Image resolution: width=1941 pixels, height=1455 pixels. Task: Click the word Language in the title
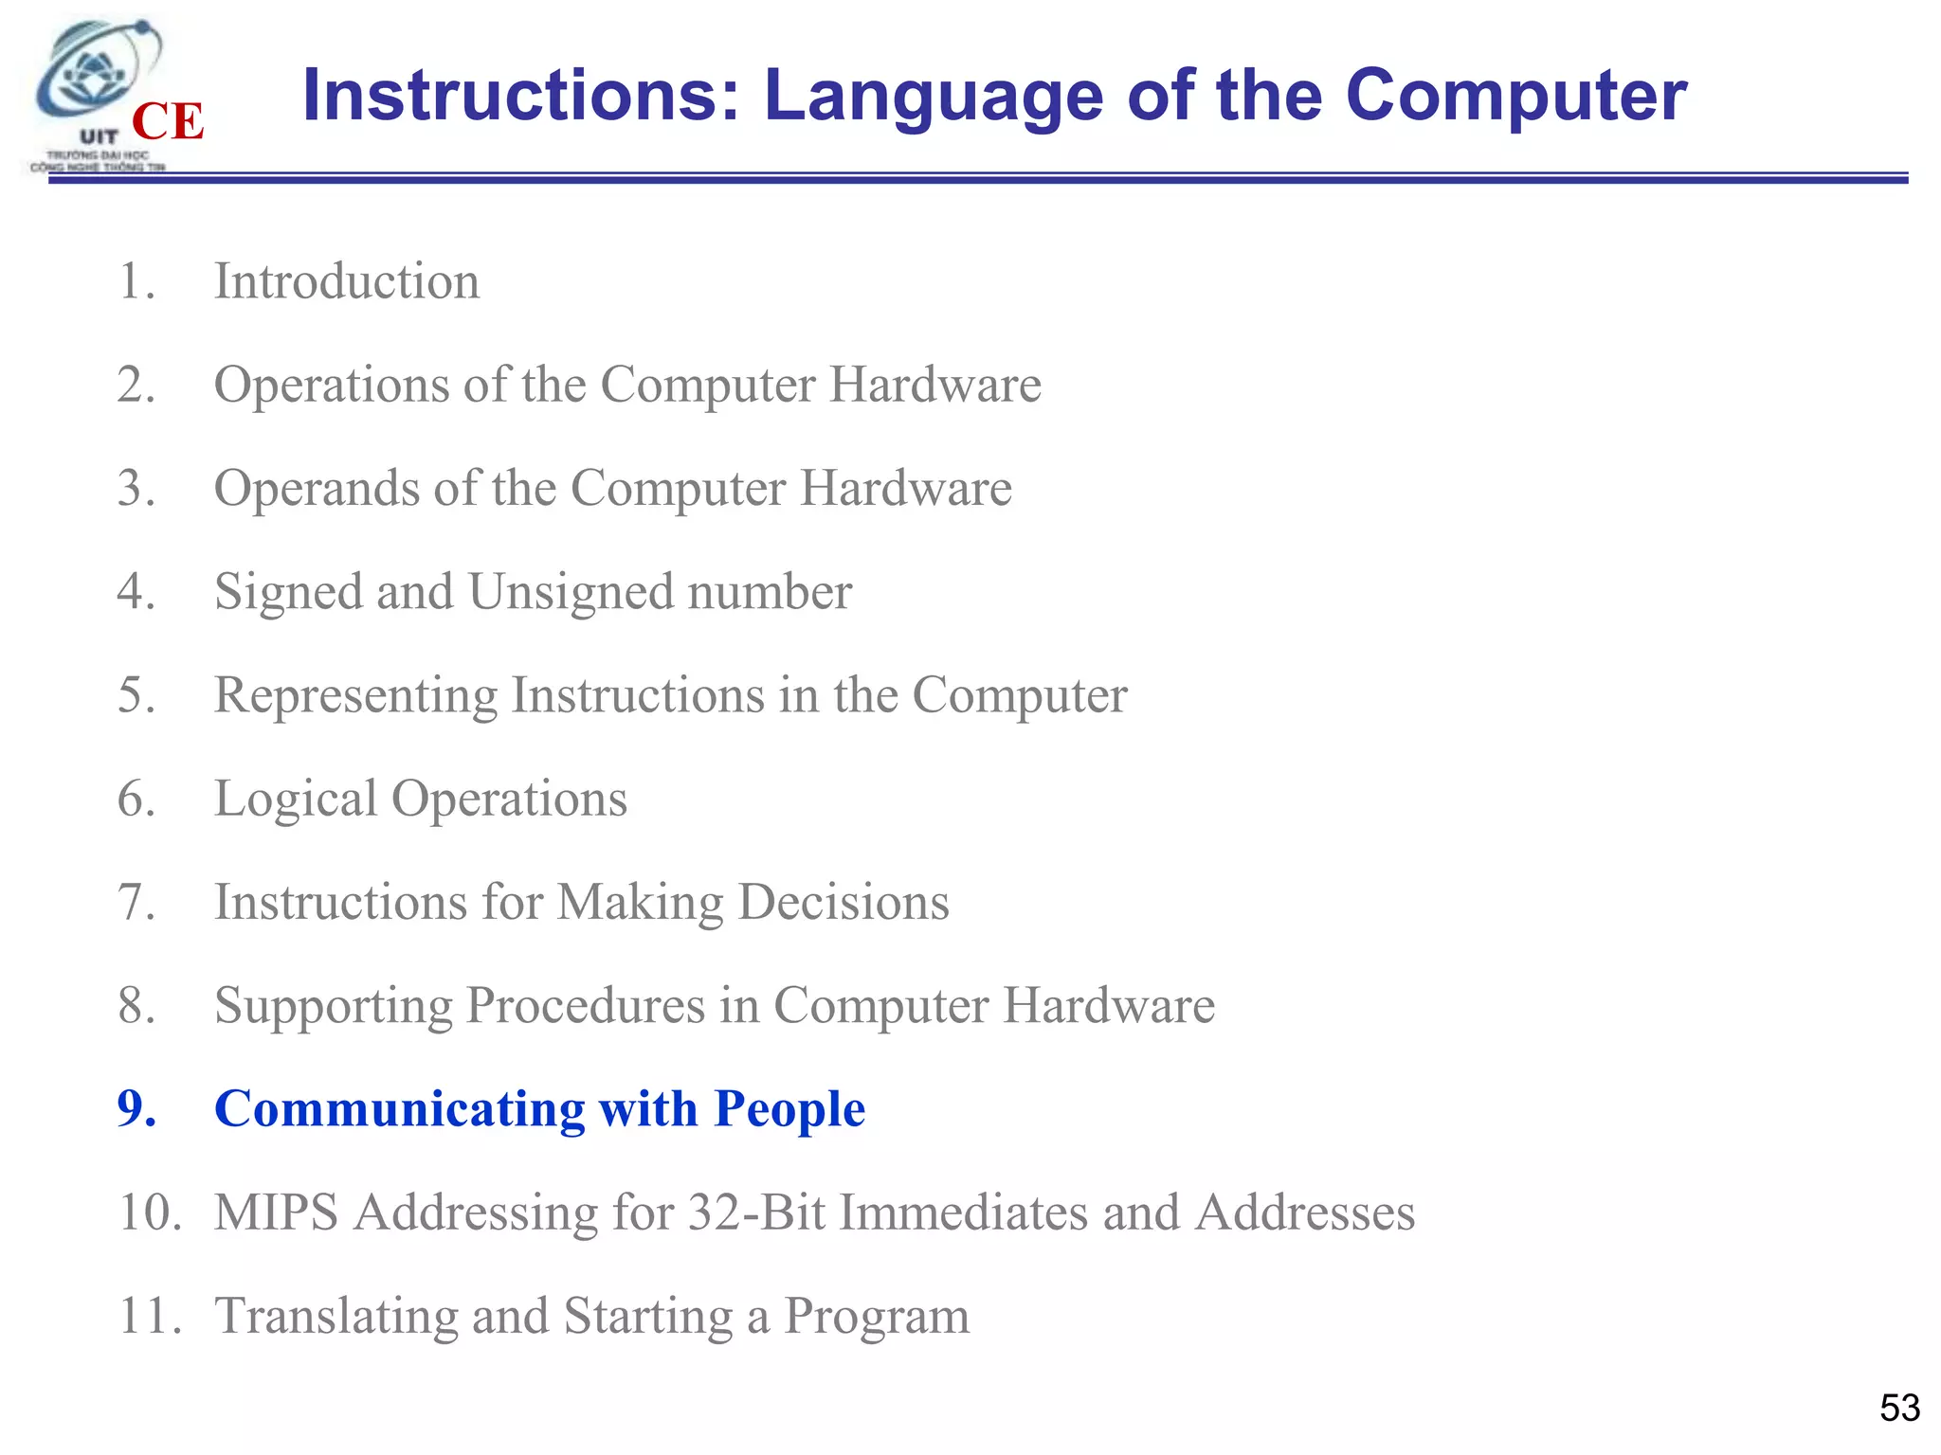(934, 97)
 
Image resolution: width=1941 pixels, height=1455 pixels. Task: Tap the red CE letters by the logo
(168, 122)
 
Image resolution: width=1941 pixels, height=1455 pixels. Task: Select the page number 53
(1899, 1408)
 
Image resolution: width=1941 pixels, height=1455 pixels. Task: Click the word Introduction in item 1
(347, 281)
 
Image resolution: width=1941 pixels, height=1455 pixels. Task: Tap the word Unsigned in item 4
(570, 592)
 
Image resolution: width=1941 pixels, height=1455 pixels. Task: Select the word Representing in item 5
(355, 696)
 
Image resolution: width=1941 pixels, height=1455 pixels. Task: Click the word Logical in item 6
(295, 799)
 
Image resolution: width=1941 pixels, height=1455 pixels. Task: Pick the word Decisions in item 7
(844, 902)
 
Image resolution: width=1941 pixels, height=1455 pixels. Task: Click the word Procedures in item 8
(585, 1006)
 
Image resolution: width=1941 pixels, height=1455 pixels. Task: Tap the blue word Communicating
(399, 1108)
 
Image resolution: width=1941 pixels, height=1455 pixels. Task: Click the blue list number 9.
(136, 1108)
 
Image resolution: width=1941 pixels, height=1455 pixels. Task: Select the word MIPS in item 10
(276, 1212)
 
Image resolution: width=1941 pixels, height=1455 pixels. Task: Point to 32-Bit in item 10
(756, 1212)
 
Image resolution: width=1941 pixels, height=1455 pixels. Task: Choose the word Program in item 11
(877, 1317)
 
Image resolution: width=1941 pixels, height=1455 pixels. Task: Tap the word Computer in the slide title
(1516, 97)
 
